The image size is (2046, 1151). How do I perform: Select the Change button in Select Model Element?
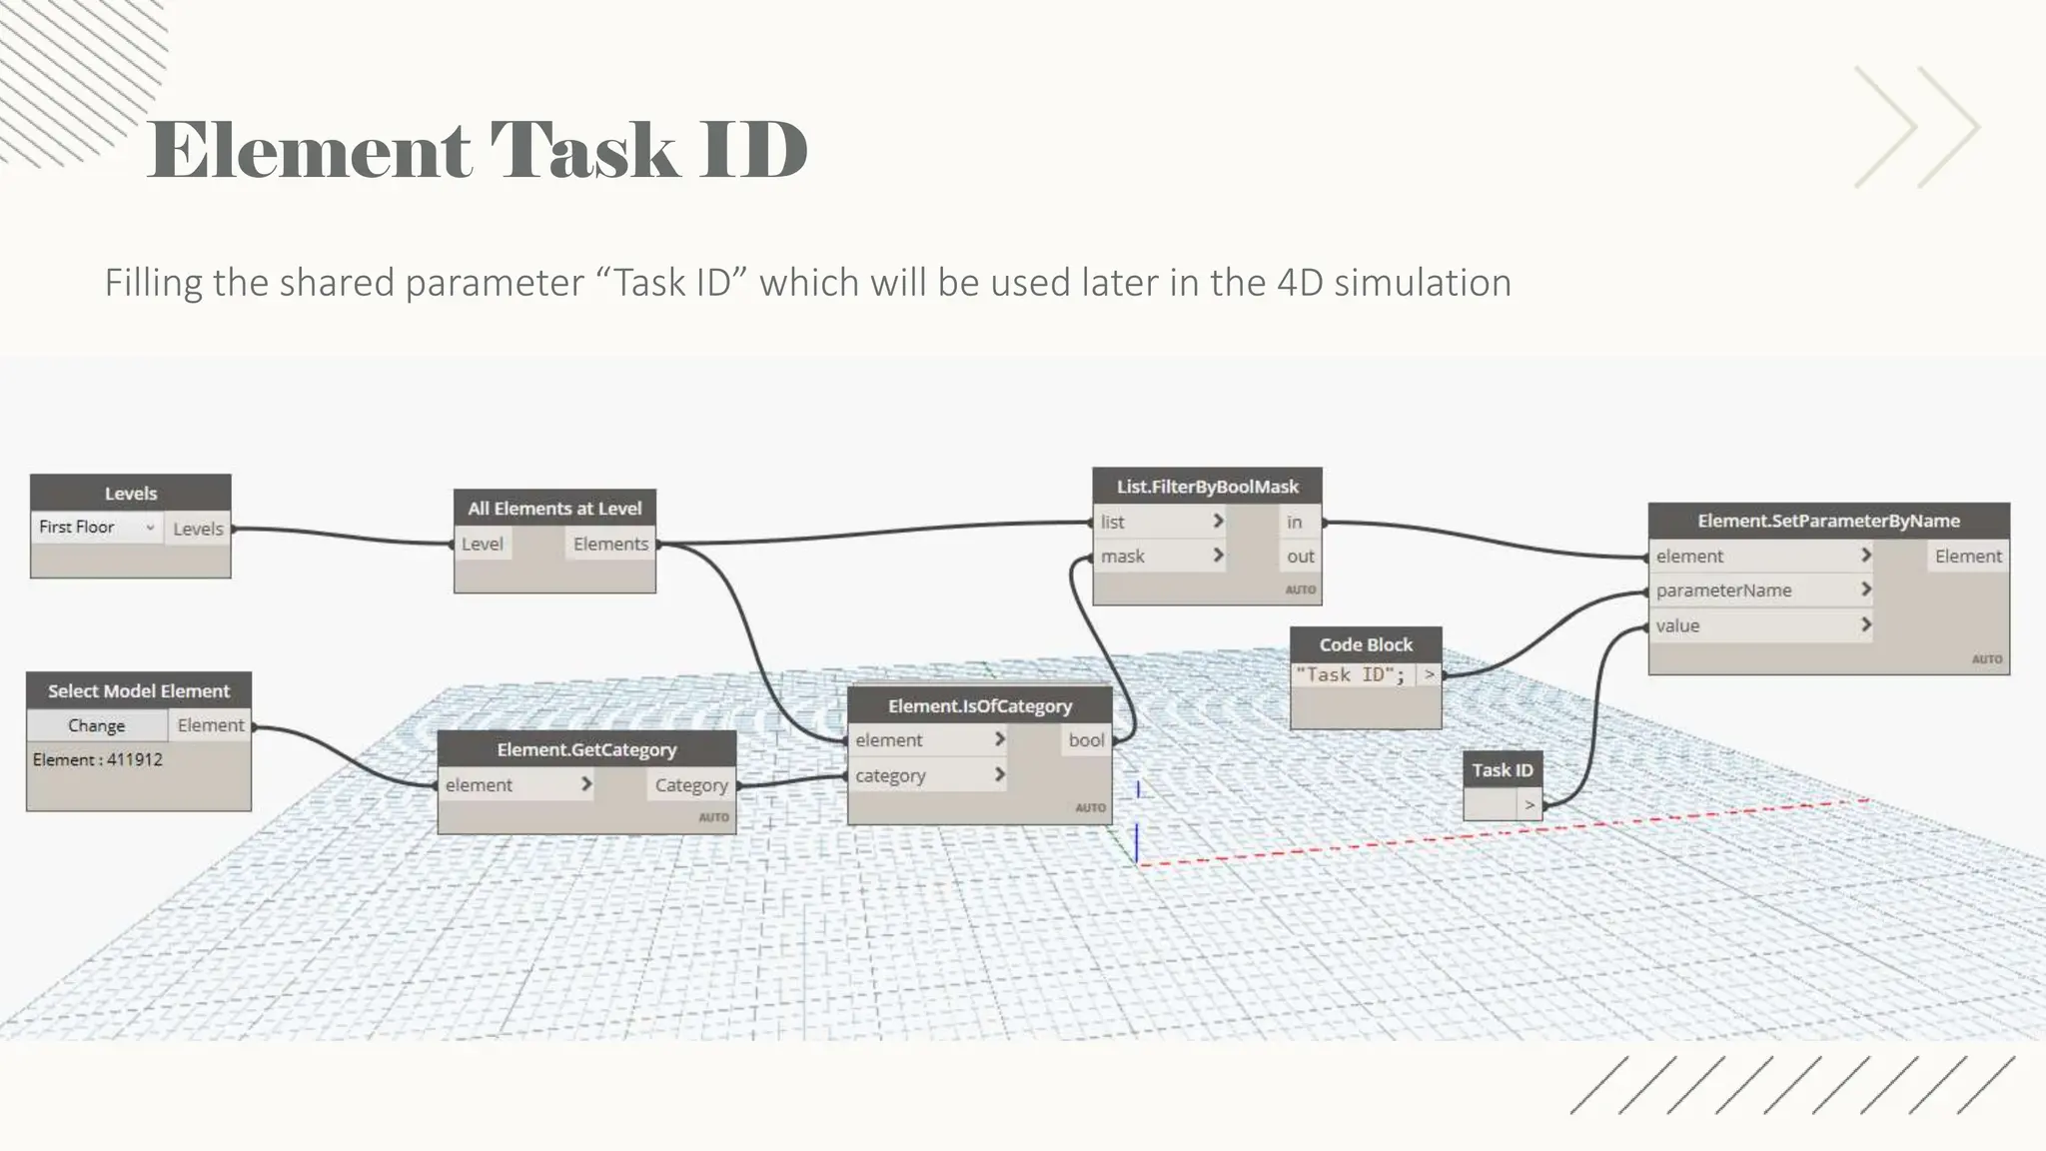tap(96, 725)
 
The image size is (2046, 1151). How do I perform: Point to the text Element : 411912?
tap(97, 759)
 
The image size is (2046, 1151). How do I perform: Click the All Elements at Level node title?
tap(554, 509)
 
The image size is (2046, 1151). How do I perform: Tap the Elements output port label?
tap(610, 544)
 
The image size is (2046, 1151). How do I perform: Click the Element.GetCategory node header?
tap(586, 749)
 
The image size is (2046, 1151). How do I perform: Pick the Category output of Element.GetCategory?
tap(691, 785)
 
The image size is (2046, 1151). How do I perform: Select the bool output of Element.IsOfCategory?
tap(1086, 740)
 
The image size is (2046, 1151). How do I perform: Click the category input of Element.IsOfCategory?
tap(890, 775)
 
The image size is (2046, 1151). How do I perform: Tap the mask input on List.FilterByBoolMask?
tap(1123, 557)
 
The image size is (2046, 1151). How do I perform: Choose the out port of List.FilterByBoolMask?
tap(1300, 557)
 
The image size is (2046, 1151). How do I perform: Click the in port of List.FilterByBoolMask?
tap(1294, 522)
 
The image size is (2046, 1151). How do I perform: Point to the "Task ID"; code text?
tap(1350, 675)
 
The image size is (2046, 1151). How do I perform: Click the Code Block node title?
tap(1366, 644)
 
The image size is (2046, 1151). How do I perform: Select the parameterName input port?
tap(1723, 590)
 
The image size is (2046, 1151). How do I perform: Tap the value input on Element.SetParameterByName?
tap(1677, 625)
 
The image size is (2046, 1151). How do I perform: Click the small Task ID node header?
tap(1502, 770)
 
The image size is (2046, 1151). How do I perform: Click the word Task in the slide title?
tap(583, 150)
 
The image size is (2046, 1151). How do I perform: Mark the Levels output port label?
tap(198, 529)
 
